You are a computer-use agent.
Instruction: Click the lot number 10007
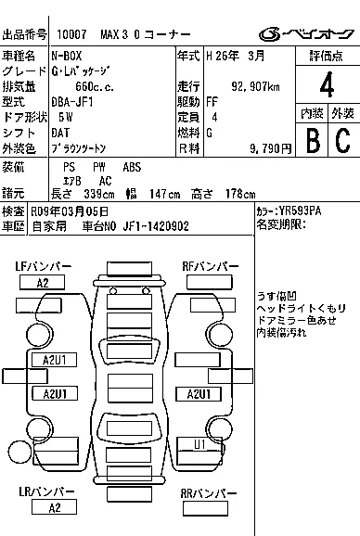(x=71, y=34)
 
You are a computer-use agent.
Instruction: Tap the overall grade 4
(x=327, y=84)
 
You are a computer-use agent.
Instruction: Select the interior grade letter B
(x=313, y=140)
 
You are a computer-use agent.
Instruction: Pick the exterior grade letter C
(x=343, y=140)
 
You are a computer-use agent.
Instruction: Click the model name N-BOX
(x=67, y=56)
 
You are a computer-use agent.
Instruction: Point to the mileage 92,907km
(x=255, y=87)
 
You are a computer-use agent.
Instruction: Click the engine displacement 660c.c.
(x=95, y=87)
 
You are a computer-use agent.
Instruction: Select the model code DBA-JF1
(x=72, y=102)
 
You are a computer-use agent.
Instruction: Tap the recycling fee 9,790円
(x=270, y=148)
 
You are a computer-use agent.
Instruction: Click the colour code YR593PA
(x=301, y=211)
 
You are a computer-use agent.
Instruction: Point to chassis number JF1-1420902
(x=156, y=226)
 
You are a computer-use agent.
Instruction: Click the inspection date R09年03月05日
(x=70, y=211)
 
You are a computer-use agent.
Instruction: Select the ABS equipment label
(x=132, y=167)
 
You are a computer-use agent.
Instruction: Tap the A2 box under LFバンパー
(x=43, y=283)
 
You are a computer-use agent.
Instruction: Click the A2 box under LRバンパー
(x=55, y=507)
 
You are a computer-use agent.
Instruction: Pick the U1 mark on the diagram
(x=199, y=444)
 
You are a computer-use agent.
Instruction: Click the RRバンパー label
(x=208, y=493)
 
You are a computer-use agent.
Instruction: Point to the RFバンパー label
(x=211, y=267)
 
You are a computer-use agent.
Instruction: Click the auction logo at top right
(x=306, y=33)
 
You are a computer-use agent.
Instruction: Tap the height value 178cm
(x=240, y=194)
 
